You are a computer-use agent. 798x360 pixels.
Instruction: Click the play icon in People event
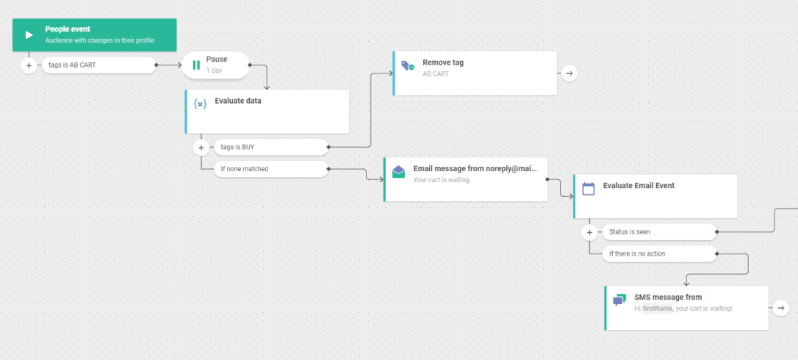click(x=29, y=35)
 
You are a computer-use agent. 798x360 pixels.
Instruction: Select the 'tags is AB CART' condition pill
click(x=98, y=65)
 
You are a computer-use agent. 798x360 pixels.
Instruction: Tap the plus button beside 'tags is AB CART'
click(x=29, y=65)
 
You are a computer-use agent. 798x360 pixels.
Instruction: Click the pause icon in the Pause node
click(x=196, y=65)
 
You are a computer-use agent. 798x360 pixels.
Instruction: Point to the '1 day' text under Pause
click(x=214, y=71)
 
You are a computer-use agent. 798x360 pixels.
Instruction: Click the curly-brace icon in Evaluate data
click(x=201, y=104)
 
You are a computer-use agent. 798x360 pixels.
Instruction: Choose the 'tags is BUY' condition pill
click(x=271, y=147)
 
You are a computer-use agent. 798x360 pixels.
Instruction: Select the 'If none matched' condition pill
click(x=271, y=169)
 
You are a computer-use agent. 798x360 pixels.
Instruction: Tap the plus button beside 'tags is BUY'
click(x=201, y=148)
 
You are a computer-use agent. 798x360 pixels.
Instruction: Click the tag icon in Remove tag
click(x=408, y=65)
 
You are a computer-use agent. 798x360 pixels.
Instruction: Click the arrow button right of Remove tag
click(x=569, y=73)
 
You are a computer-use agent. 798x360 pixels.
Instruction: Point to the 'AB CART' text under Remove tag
click(x=436, y=73)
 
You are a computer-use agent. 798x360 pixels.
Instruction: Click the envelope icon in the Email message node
click(x=398, y=172)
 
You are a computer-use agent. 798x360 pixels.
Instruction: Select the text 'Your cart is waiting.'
click(x=442, y=180)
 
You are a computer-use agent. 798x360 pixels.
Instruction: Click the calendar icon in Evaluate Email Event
click(x=589, y=189)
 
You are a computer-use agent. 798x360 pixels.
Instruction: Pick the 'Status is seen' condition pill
click(x=659, y=232)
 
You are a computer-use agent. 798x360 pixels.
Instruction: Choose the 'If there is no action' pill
click(x=659, y=253)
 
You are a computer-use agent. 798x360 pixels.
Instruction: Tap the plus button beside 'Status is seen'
click(x=589, y=233)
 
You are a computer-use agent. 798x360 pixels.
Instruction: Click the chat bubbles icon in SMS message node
click(x=619, y=300)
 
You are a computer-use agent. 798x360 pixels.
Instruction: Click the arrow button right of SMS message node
click(x=780, y=308)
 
